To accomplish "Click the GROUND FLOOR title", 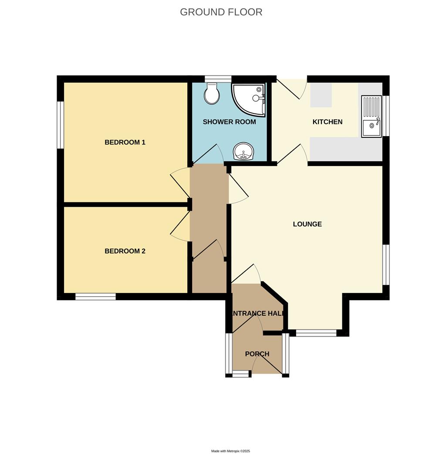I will (x=221, y=12).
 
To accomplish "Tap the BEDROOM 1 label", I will (x=125, y=142).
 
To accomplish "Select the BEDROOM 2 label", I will (x=125, y=251).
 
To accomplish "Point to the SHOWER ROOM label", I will (x=229, y=122).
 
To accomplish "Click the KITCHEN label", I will (x=328, y=122).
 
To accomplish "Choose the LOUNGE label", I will (x=307, y=224).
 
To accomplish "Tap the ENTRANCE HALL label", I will (x=258, y=313).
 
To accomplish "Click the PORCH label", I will (x=257, y=354).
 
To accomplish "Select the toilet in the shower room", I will (x=212, y=94).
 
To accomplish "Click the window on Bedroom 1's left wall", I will (x=61, y=125).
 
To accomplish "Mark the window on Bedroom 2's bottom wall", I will (x=95, y=297).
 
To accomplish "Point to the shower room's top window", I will (x=218, y=78).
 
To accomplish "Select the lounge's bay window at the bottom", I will (x=316, y=333).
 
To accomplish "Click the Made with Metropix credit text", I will (x=230, y=451).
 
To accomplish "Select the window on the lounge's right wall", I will (x=386, y=265).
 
